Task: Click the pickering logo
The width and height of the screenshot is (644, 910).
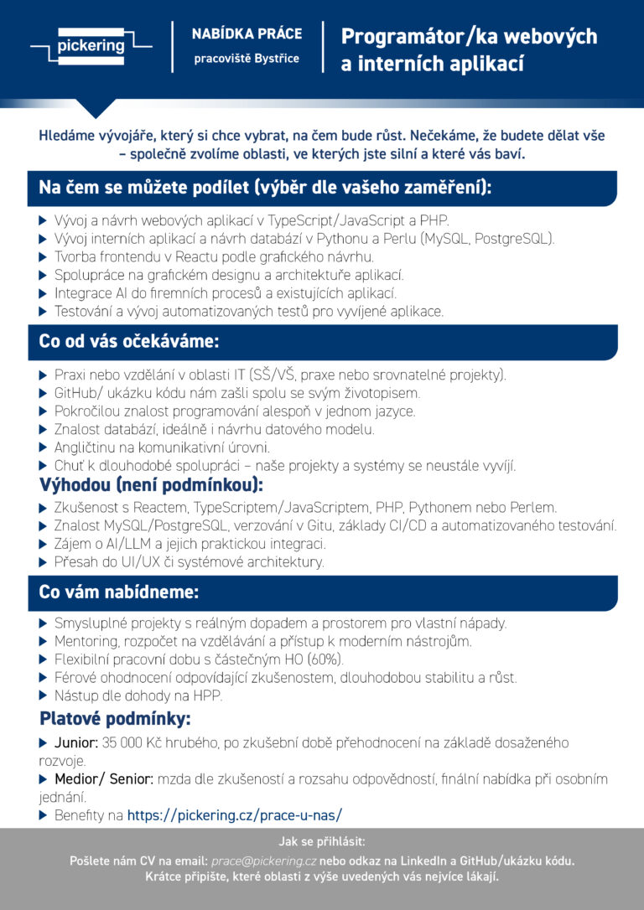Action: coord(91,46)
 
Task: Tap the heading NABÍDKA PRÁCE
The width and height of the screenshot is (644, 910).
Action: coord(247,34)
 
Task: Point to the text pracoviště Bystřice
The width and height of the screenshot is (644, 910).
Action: coord(247,59)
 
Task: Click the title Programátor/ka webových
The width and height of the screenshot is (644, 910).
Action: coord(469,37)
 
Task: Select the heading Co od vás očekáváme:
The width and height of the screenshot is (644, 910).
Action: coord(129,341)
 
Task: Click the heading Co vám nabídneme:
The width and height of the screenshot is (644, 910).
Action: coord(119,592)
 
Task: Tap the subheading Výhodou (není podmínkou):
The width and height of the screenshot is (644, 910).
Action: coord(152,485)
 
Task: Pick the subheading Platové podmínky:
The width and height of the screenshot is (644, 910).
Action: coord(116,719)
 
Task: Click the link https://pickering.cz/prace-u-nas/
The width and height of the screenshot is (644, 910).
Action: coord(235,814)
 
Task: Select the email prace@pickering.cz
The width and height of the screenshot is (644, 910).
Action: coord(263,861)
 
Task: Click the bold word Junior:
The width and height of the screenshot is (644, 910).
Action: coord(76,743)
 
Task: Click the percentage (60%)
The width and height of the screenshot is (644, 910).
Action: coord(325,659)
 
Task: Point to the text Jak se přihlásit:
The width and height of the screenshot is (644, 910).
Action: coord(322,841)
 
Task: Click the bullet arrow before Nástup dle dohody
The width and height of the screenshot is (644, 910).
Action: coord(44,695)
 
